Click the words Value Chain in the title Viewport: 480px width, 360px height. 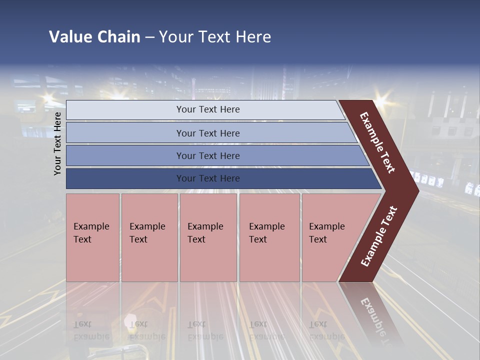[x=94, y=37]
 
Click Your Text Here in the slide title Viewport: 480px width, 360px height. [x=215, y=37]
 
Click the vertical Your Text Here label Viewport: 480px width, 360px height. [x=57, y=143]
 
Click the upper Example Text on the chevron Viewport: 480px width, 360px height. [x=377, y=142]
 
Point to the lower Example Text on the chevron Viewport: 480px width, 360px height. [x=379, y=236]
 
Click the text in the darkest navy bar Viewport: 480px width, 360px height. [x=208, y=178]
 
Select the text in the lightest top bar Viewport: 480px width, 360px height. [x=208, y=109]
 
